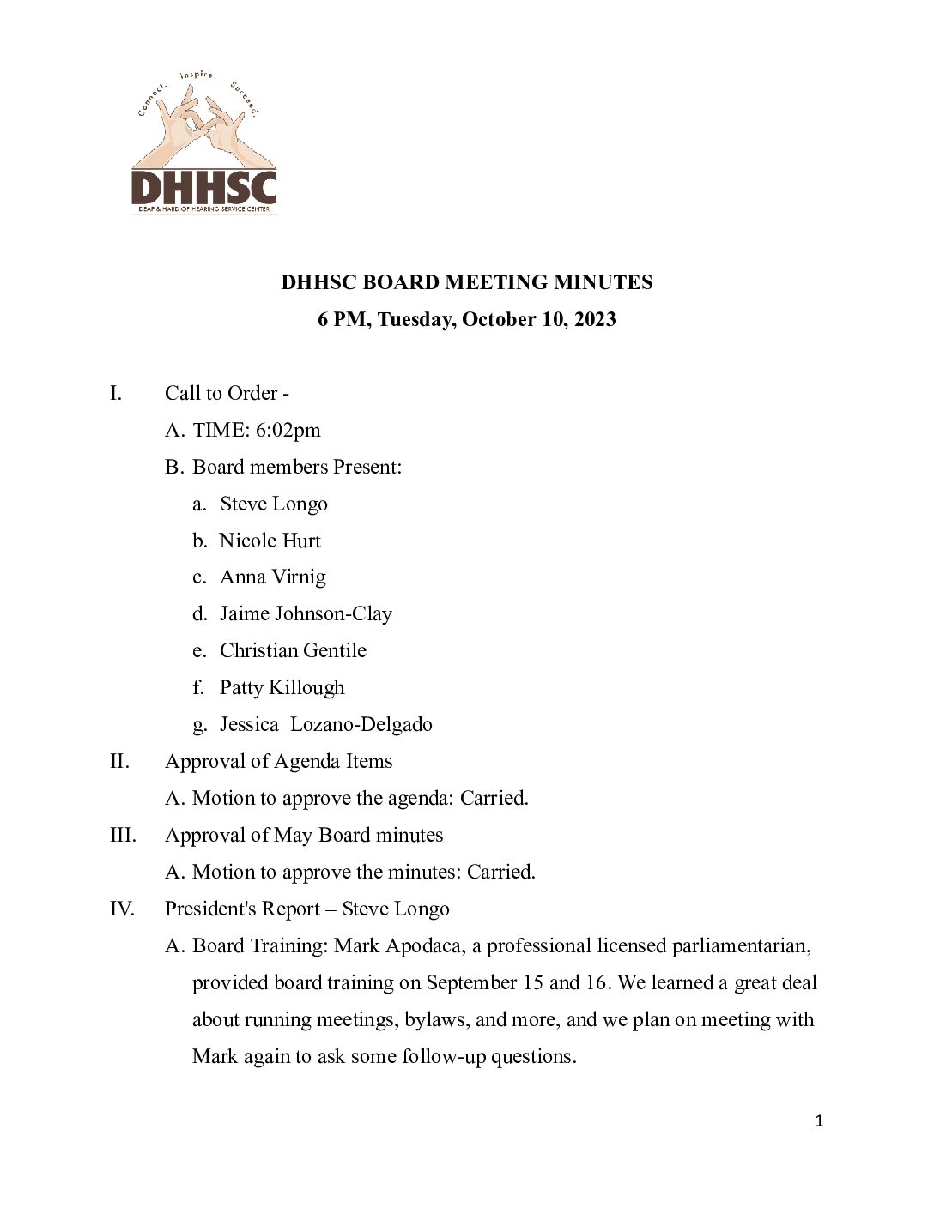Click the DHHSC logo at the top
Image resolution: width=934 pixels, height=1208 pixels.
tap(203, 144)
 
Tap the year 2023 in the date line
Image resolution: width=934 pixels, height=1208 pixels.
tap(595, 319)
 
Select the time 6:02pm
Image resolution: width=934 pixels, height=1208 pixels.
tap(288, 430)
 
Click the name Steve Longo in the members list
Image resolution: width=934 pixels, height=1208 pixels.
tap(274, 504)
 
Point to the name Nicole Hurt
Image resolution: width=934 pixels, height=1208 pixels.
tap(270, 541)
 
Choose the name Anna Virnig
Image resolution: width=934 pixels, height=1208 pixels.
tap(273, 577)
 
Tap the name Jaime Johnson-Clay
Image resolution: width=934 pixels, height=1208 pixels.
tap(306, 614)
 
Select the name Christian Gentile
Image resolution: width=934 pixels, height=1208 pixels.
tap(293, 651)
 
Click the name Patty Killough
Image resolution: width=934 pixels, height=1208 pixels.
tap(282, 688)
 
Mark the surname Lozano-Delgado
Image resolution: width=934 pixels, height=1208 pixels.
tap(361, 725)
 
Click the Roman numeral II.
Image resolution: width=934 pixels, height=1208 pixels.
tap(119, 762)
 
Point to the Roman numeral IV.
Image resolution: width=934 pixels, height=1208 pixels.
tap(122, 909)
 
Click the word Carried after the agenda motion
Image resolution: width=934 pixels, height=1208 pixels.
tap(494, 799)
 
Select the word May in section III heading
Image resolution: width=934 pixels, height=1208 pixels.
tap(293, 836)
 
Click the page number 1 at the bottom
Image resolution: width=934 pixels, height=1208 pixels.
tap(819, 1121)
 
